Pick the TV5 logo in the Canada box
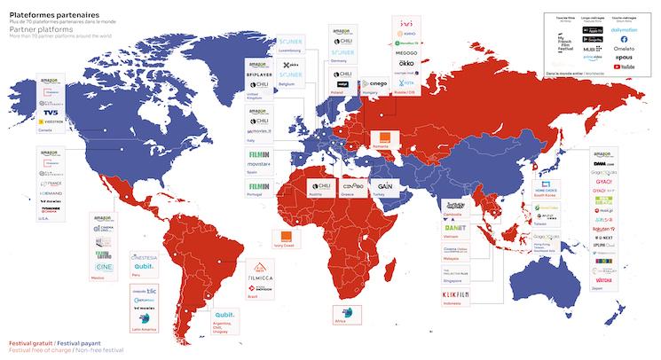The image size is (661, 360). click(47, 113)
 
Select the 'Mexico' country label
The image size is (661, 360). click(99, 277)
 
